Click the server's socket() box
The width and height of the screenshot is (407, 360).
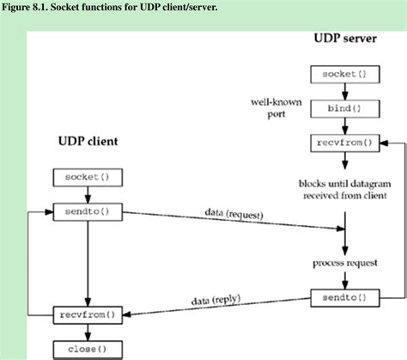click(x=344, y=75)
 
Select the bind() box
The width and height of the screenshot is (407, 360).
click(x=344, y=109)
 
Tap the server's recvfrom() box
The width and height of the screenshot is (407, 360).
click(x=344, y=143)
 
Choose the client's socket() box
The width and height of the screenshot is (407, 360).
click(x=88, y=177)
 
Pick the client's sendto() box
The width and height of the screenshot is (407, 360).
click(x=88, y=211)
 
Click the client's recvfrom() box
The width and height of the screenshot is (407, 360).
click(x=88, y=314)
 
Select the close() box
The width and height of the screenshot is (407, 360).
click(x=88, y=349)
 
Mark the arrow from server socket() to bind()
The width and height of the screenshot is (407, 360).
click(x=344, y=92)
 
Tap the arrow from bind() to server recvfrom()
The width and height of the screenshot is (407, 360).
click(x=344, y=126)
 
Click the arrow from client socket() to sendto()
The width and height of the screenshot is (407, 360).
click(x=88, y=194)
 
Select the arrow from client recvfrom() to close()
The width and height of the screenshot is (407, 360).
click(x=88, y=332)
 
